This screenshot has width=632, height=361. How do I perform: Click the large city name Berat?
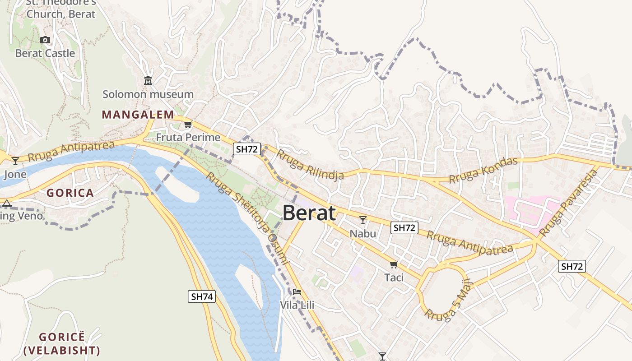pos(309,213)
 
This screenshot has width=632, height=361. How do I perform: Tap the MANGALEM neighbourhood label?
pos(138,115)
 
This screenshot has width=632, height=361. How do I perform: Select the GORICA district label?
pos(70,193)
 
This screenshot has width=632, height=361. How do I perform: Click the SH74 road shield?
pos(201,296)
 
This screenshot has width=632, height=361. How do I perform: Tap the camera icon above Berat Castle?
pos(45,40)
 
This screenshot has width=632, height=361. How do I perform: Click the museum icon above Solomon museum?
pos(148,81)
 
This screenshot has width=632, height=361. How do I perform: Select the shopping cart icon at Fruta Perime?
pos(188,125)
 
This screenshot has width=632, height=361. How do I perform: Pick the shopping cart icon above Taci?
pos(394,264)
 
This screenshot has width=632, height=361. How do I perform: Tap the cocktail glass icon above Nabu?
pos(362,220)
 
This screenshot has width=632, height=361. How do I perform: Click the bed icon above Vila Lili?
pos(297,292)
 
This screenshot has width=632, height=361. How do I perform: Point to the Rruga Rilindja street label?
pos(310,165)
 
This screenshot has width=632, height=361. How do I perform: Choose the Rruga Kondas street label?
pos(483,170)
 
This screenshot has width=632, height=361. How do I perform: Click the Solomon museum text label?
pos(148,94)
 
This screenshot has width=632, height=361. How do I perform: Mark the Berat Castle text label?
pos(45,53)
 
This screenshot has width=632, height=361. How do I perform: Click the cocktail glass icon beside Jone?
pos(15,161)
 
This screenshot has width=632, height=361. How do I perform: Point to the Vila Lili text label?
pos(297,305)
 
